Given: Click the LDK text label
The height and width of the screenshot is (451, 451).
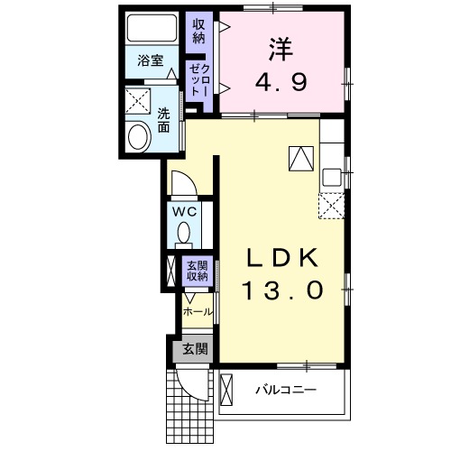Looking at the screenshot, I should coord(281,259).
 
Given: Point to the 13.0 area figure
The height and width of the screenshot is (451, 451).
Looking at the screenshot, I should coord(281,290).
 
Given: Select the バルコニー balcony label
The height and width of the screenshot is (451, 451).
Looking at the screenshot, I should coord(284,391).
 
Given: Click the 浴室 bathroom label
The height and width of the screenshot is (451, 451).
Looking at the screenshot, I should coord(150,61).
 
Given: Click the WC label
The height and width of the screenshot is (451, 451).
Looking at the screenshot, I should coord(186,212).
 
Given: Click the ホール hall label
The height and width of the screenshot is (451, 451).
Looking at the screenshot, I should coord(197,312).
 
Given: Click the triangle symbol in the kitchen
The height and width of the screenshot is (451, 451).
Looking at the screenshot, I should coord(299,158).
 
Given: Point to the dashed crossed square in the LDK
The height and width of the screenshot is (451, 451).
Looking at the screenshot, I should coord(331,206).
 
